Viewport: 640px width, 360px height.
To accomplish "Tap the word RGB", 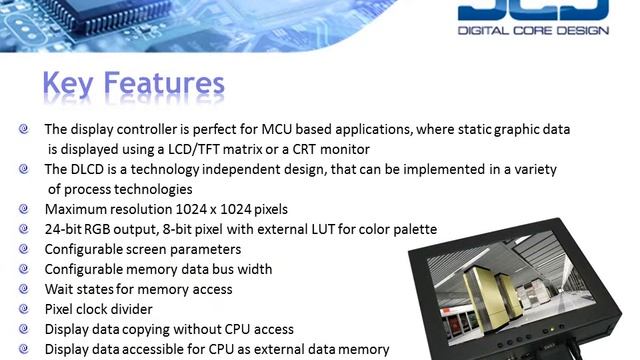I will point(107,229).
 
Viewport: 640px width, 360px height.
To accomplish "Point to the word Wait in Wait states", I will point(61,289).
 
